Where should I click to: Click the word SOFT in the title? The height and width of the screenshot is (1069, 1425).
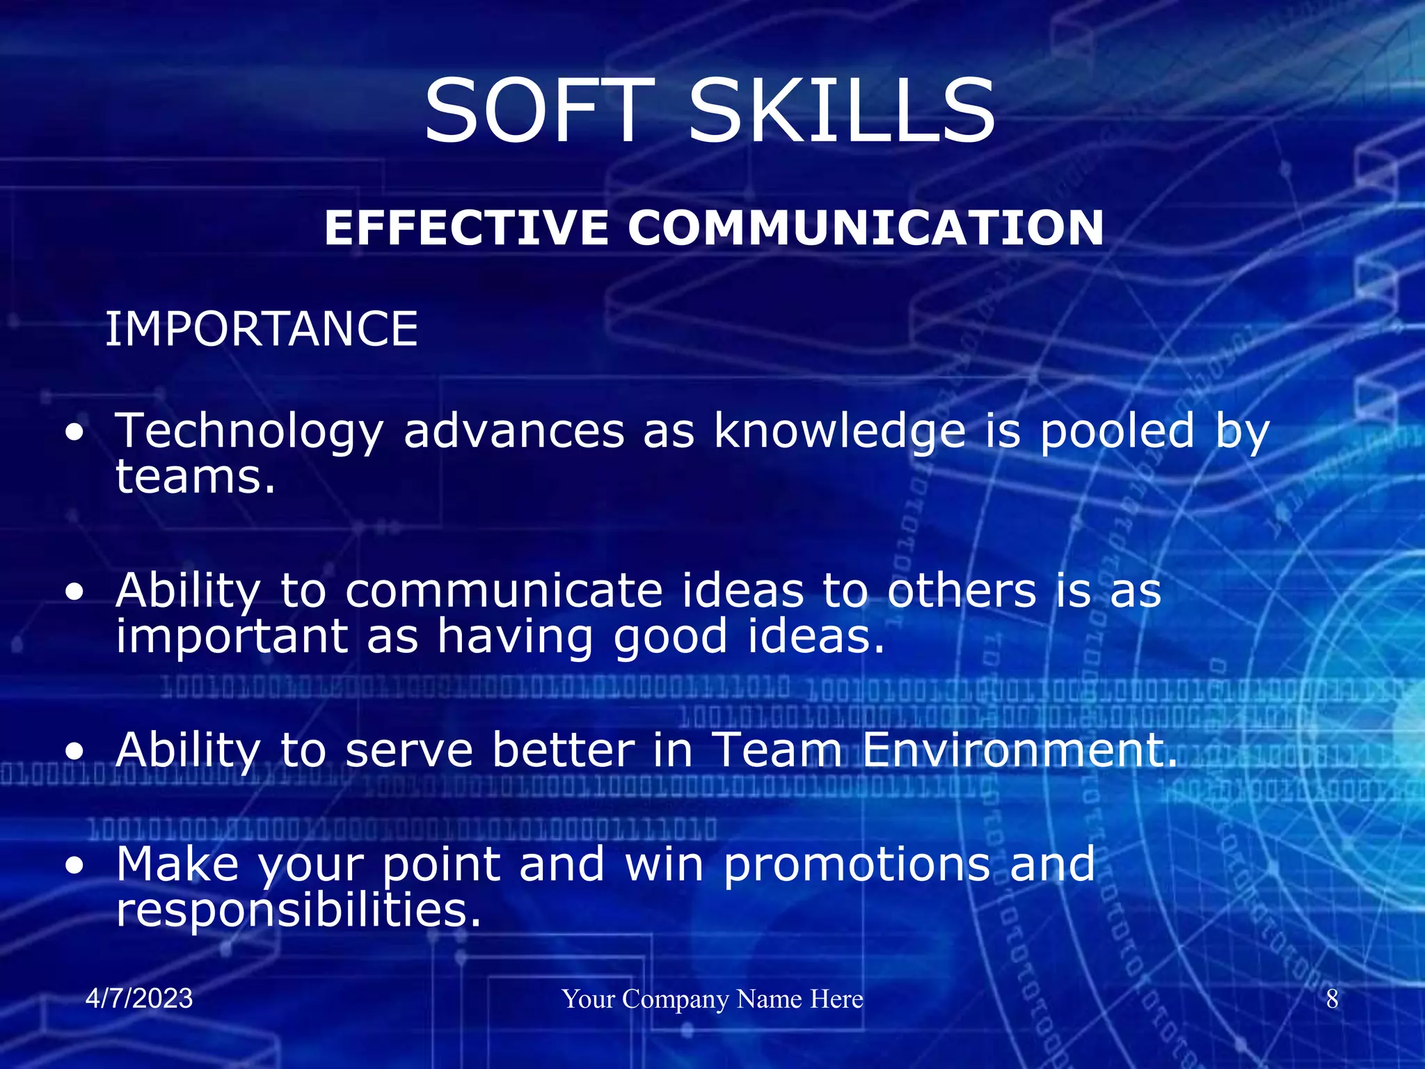539,111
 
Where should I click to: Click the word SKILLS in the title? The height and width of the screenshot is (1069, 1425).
842,111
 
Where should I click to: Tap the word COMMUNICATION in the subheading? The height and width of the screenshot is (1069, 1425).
866,228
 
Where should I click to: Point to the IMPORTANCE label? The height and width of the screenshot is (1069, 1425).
261,329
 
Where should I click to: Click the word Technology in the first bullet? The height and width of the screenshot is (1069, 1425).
249,431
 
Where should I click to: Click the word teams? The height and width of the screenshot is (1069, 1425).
195,478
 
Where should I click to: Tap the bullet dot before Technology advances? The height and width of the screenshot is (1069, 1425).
74,434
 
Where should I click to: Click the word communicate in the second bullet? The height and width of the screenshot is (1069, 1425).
504,591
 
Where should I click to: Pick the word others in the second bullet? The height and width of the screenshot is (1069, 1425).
962,591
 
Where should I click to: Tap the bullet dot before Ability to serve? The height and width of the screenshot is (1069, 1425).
74,752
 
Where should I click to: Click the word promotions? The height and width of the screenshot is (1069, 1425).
857,865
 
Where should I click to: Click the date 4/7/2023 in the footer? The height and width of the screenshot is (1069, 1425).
139,999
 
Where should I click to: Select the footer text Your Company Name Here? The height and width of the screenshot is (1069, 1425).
712,999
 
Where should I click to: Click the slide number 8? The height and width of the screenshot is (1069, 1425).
1332,999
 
